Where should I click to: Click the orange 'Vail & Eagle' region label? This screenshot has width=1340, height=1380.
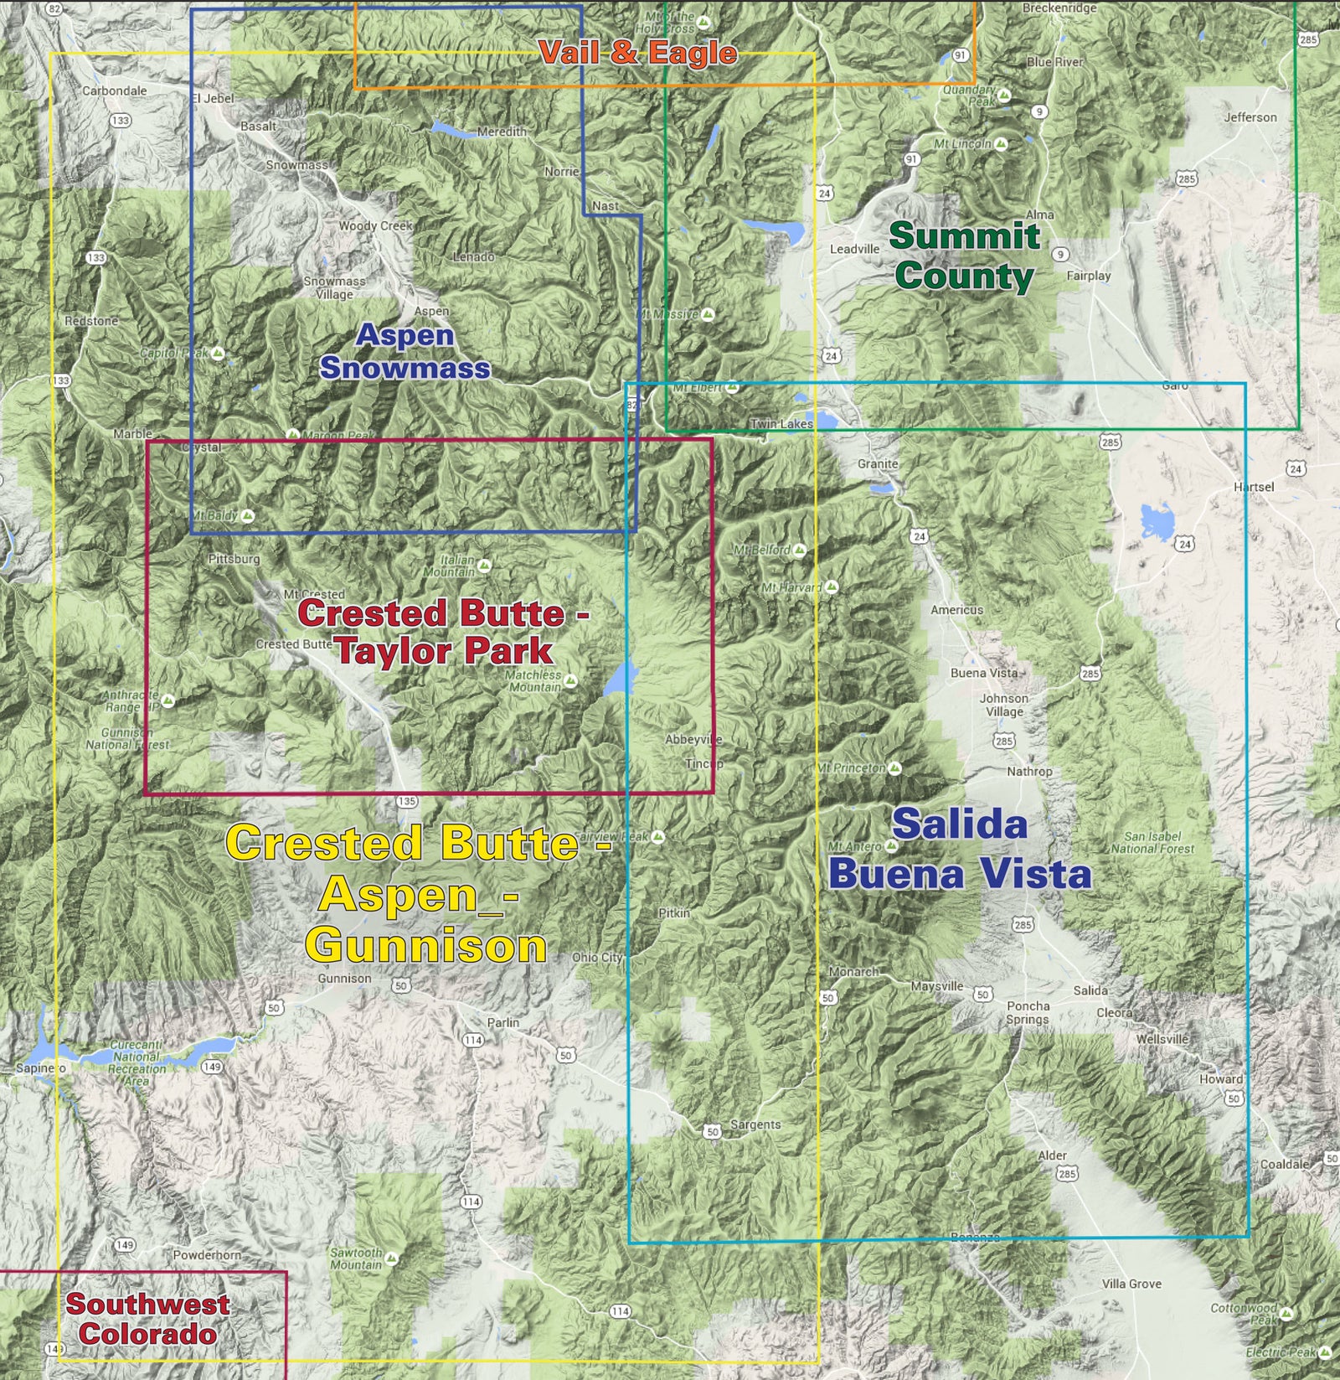637,53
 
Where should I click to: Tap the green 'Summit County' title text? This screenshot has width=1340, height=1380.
964,256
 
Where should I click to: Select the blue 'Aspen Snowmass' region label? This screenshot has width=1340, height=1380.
405,351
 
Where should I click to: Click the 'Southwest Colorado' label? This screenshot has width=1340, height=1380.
147,1319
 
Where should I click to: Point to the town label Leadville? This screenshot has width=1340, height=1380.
854,249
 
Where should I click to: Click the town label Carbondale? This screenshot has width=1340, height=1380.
114,90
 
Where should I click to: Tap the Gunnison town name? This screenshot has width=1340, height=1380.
344,978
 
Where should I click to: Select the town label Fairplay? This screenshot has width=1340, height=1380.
1088,275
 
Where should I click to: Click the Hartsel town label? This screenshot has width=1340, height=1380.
1253,487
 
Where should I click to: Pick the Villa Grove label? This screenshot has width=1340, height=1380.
1131,1284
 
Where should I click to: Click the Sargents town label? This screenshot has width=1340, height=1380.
755,1124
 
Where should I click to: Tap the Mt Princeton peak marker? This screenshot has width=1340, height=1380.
894,768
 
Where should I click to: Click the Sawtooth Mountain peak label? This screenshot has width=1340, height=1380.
356,1259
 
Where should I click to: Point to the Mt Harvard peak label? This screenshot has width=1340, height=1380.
791,587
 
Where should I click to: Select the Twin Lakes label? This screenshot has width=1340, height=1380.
781,424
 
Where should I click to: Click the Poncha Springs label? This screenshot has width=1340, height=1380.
1028,1012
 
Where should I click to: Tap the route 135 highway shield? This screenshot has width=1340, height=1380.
406,801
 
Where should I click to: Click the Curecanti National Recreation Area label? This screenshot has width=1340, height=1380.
137,1062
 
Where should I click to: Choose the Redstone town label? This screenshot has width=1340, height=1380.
91,321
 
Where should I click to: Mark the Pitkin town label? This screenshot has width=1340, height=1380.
674,912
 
